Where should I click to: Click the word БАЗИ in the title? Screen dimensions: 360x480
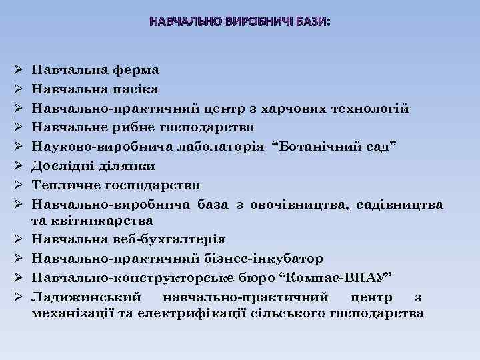point(309,22)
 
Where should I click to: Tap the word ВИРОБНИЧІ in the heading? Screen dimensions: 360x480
point(254,22)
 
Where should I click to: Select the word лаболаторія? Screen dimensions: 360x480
point(229,147)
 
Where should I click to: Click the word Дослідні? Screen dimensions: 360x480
point(64,165)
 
